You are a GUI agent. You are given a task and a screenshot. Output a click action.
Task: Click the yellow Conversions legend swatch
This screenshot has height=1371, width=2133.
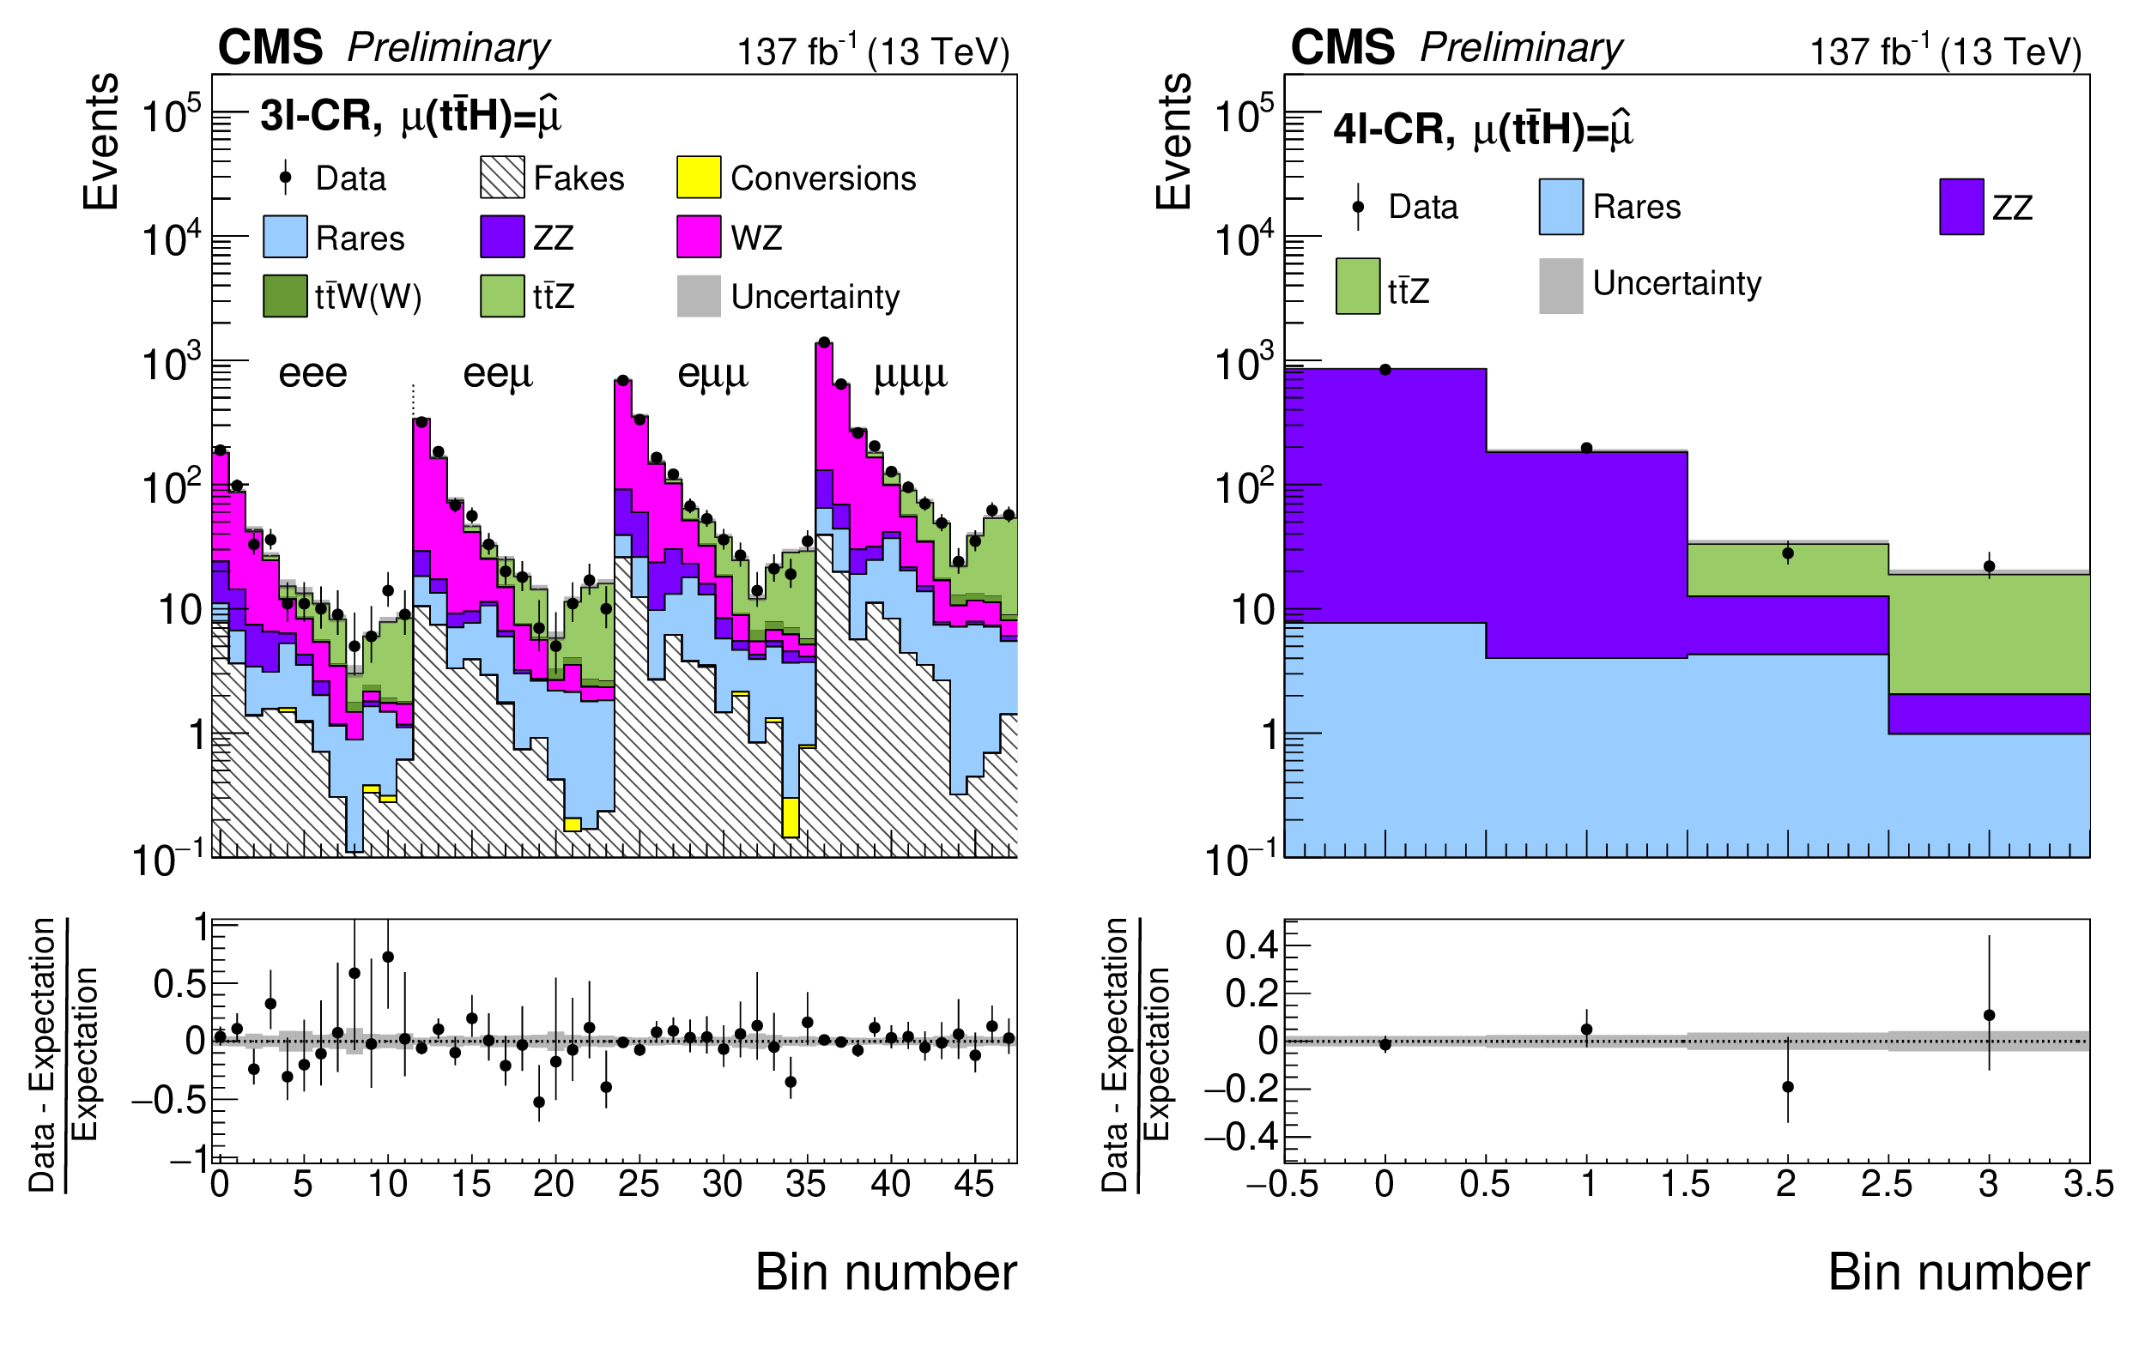[x=698, y=177]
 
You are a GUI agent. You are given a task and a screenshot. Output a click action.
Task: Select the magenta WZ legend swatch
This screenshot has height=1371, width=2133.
[x=698, y=237]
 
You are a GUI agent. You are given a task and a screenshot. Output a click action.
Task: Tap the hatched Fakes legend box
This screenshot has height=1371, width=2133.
[x=502, y=177]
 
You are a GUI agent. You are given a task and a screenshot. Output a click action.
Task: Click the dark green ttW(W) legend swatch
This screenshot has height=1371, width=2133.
[x=285, y=296]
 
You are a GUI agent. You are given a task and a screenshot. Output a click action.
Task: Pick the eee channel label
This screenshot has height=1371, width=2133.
[x=312, y=373]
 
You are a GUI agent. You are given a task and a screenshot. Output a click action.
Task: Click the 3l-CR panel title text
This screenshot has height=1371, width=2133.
[x=410, y=116]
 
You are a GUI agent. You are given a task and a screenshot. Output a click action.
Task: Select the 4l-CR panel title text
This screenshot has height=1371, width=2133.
[x=1483, y=130]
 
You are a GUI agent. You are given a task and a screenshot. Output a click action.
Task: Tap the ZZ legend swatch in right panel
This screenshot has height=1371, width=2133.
[x=1961, y=207]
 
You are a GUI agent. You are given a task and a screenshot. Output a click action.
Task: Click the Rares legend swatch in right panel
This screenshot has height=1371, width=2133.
[x=1560, y=207]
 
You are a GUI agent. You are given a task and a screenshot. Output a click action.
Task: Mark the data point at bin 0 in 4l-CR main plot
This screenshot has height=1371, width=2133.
[x=1385, y=370]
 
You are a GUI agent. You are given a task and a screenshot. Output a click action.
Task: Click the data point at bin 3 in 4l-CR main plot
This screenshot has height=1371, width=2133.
[x=1990, y=566]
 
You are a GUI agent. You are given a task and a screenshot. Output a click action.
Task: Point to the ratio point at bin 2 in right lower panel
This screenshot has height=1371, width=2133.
[x=1787, y=1087]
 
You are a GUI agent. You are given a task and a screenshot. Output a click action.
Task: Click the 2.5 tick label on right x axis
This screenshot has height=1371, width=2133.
[x=1888, y=1185]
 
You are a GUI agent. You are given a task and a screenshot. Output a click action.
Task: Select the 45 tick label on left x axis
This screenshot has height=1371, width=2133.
[x=973, y=1185]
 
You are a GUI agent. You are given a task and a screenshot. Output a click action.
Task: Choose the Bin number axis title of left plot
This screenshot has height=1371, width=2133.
[x=885, y=1272]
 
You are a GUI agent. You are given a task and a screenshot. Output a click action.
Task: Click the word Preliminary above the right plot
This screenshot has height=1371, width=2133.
[x=1521, y=47]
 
